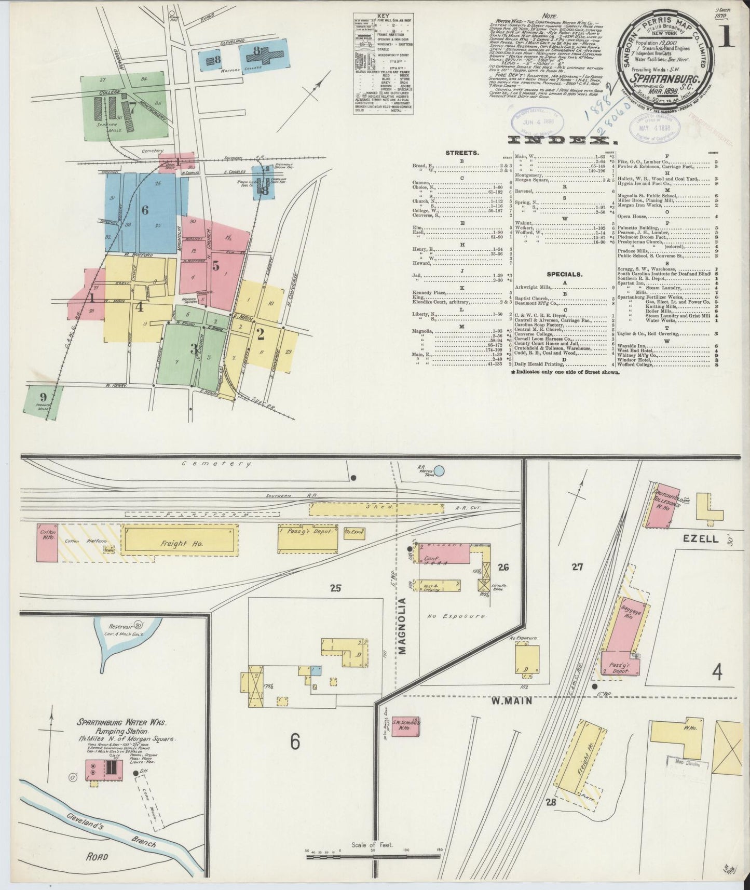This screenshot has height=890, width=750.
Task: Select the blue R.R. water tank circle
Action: pos(439,471)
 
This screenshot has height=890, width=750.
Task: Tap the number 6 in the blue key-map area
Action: pos(145,210)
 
